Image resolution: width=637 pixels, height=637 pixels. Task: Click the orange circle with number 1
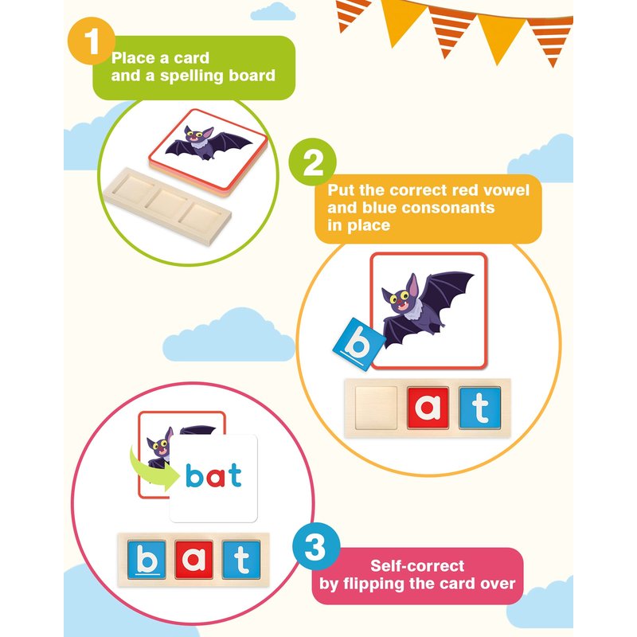92,41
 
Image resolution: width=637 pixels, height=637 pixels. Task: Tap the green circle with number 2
312,162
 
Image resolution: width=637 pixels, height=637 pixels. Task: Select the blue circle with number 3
316,546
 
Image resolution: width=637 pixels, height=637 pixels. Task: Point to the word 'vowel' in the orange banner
506,190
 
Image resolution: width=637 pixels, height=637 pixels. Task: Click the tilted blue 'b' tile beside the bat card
359,345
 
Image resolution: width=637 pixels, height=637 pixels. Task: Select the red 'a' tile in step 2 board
428,408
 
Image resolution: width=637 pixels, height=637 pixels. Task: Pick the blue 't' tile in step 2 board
480,408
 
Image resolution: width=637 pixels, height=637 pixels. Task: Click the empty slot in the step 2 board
376,408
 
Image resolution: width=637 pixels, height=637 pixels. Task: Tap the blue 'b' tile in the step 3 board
147,559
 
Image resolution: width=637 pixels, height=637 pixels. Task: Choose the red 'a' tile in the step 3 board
193,559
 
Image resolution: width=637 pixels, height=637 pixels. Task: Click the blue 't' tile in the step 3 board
241,559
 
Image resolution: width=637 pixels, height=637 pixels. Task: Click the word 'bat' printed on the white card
213,475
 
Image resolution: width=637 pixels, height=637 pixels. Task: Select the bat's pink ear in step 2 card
412,285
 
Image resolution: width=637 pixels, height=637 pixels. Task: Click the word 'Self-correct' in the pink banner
417,566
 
